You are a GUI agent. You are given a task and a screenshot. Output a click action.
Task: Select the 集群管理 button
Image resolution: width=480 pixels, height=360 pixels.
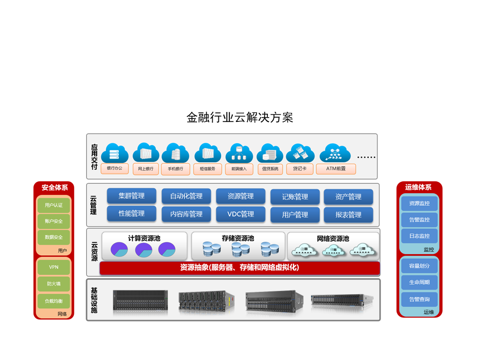(x=132, y=196)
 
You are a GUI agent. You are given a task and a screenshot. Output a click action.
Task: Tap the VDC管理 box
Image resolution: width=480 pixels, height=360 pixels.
(x=241, y=214)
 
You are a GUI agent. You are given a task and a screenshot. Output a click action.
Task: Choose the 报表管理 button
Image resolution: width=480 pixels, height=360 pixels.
(x=348, y=215)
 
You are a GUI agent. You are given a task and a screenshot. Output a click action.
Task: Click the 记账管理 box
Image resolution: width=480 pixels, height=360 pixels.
(x=295, y=197)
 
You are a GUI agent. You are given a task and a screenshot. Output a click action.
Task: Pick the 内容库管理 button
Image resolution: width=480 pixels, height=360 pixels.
(x=186, y=214)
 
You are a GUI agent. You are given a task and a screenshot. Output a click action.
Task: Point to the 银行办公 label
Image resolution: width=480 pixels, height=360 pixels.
(x=115, y=169)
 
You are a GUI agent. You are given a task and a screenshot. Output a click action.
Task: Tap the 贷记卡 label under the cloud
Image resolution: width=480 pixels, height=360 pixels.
(x=300, y=169)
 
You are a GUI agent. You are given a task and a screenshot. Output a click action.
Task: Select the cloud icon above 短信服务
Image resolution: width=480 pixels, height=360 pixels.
(x=207, y=152)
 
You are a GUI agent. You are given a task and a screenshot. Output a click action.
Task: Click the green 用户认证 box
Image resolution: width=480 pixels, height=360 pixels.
(x=54, y=205)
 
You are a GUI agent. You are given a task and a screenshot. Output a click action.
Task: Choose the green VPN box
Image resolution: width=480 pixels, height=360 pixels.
(x=54, y=267)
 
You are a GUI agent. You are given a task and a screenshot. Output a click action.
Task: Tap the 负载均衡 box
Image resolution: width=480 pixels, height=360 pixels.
(x=54, y=301)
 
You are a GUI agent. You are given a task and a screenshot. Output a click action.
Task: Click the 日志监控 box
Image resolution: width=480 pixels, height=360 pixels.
(x=419, y=236)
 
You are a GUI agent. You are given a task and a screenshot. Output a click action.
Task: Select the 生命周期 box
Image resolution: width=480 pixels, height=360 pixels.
(x=419, y=282)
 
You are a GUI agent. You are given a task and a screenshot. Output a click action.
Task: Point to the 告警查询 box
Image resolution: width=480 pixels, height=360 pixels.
(x=419, y=299)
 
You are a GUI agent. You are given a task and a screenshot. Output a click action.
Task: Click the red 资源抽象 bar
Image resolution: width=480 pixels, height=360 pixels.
(x=240, y=268)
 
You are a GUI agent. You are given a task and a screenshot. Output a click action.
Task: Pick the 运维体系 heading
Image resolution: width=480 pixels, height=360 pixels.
(x=419, y=188)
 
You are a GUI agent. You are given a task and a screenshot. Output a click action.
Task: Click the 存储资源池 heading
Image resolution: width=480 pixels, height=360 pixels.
(x=238, y=238)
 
